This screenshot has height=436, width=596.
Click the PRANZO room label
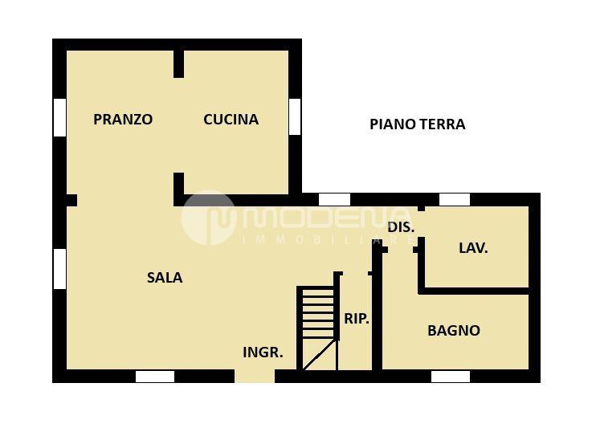point(123,120)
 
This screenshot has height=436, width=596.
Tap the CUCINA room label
point(231,120)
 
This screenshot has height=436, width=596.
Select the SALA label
point(165,278)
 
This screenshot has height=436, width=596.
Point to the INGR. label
point(263,352)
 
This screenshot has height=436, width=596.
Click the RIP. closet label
point(357,319)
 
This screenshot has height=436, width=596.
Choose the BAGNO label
point(454,330)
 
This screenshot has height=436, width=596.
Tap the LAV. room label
point(473,248)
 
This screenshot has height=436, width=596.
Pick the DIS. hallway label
point(401,227)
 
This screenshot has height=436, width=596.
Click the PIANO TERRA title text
point(418,124)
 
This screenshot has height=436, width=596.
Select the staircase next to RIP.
point(318,328)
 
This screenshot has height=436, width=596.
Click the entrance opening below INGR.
point(255,376)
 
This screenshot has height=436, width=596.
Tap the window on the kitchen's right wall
point(295,116)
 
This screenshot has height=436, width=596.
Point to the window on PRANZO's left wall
point(59,117)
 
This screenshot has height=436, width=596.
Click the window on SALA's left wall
point(59,269)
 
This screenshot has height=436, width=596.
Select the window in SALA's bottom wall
point(155,377)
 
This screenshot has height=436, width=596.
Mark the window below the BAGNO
point(451,377)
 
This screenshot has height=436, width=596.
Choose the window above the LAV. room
point(455,200)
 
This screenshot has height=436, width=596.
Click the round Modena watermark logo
point(207,218)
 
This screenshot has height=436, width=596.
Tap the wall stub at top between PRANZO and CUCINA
point(178,64)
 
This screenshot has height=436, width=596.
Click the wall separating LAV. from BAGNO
point(474,291)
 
